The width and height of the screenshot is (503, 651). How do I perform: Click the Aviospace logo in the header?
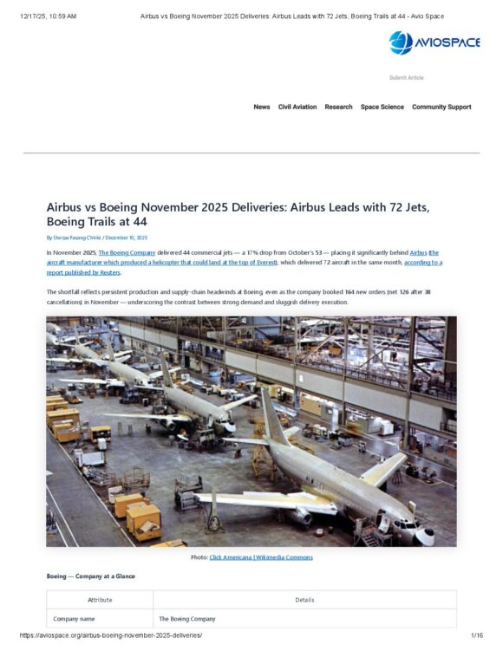point(434,42)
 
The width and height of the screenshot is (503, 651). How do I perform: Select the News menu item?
point(261,107)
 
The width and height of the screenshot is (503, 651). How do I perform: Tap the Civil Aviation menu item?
point(297,107)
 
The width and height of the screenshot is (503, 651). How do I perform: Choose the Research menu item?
point(338,107)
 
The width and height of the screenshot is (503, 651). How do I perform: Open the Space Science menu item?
point(382,107)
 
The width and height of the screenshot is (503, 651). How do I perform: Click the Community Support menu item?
point(441,107)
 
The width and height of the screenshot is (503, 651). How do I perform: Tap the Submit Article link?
point(406,78)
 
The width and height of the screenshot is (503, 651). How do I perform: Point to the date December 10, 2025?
point(127,238)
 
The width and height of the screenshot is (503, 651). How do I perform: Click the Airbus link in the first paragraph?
point(419,251)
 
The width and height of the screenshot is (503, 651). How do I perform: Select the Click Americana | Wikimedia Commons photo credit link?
point(261,557)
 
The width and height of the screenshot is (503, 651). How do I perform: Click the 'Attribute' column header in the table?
point(100,600)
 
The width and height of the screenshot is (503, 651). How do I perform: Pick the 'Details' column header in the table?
point(304,600)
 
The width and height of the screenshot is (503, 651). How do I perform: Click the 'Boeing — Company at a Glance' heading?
point(90,576)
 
